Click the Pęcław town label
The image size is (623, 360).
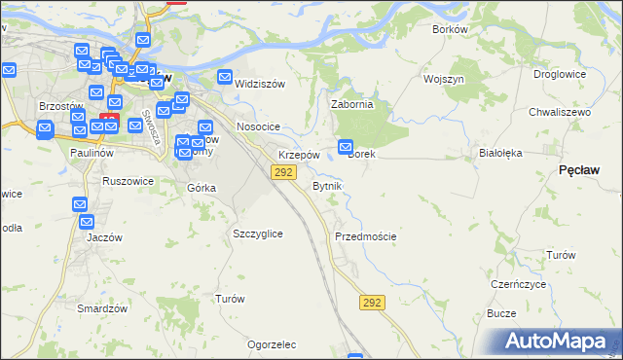point(579,169)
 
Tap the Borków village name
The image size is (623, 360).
point(451,29)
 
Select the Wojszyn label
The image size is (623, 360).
point(443,78)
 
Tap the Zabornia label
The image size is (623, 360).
point(352,103)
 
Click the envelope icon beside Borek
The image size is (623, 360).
point(346,147)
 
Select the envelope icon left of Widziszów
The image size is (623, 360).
point(225,79)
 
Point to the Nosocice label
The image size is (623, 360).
point(258,127)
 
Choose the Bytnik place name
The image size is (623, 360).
point(326,185)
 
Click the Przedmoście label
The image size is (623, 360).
point(365,236)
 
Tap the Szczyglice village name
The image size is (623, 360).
point(258,234)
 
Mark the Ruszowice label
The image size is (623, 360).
point(128,180)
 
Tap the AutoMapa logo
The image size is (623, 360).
point(556,341)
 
